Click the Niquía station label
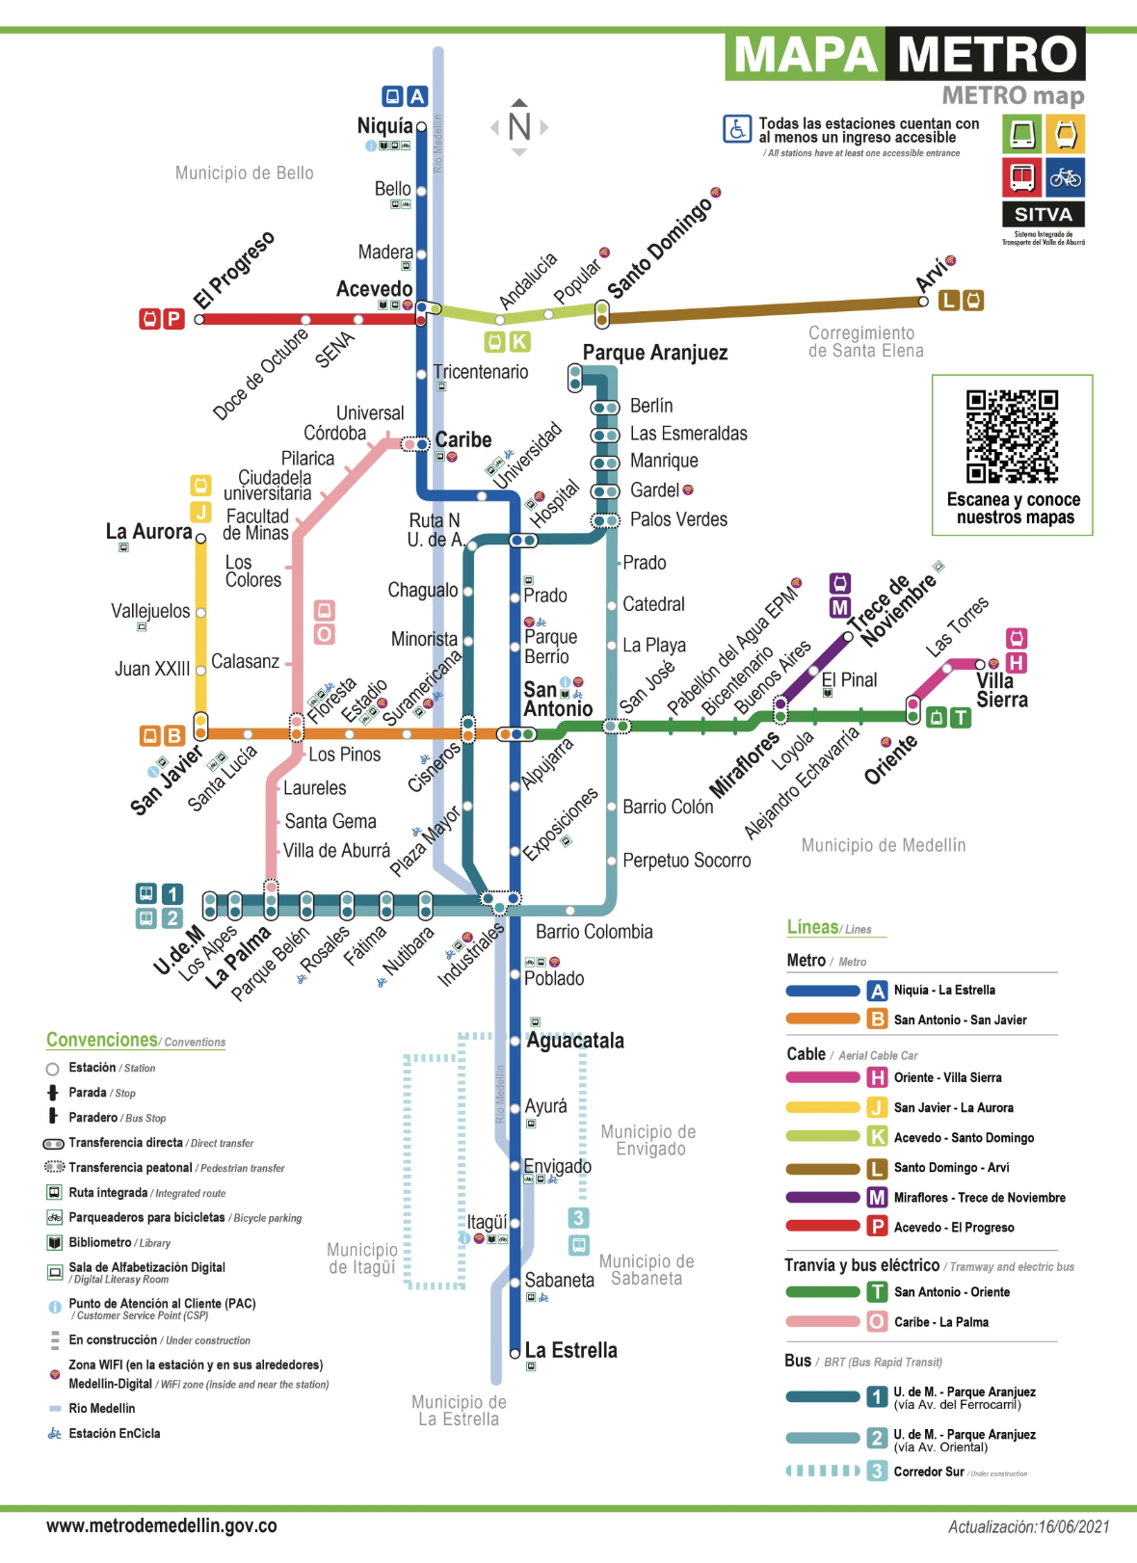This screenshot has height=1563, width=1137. [x=384, y=126]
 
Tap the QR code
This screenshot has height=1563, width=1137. [x=1012, y=436]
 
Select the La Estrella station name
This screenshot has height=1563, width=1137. [x=570, y=1350]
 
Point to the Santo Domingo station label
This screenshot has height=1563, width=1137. [x=660, y=249]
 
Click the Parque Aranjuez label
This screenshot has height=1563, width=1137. [x=655, y=353]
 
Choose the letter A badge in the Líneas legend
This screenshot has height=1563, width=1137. [x=877, y=991]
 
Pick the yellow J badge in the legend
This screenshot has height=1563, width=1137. [x=877, y=1108]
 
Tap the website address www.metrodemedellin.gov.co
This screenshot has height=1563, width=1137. [x=162, y=1525]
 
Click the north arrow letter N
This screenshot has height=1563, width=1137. [x=519, y=127]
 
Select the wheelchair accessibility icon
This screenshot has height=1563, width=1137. [x=737, y=129]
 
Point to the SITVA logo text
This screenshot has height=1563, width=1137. [x=1043, y=214]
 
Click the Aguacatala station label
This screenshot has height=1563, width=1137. [x=575, y=1041]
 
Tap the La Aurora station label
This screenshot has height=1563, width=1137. [x=149, y=532]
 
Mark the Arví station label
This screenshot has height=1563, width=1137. [x=932, y=276]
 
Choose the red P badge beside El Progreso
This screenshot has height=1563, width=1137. [x=173, y=319]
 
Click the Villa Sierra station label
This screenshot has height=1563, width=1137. [x=1001, y=690]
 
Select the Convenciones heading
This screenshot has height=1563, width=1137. [x=102, y=1040]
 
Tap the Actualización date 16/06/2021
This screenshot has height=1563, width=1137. [x=1028, y=1526]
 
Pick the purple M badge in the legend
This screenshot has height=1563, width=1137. [x=877, y=1198]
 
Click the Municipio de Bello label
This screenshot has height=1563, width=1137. [x=244, y=173]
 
